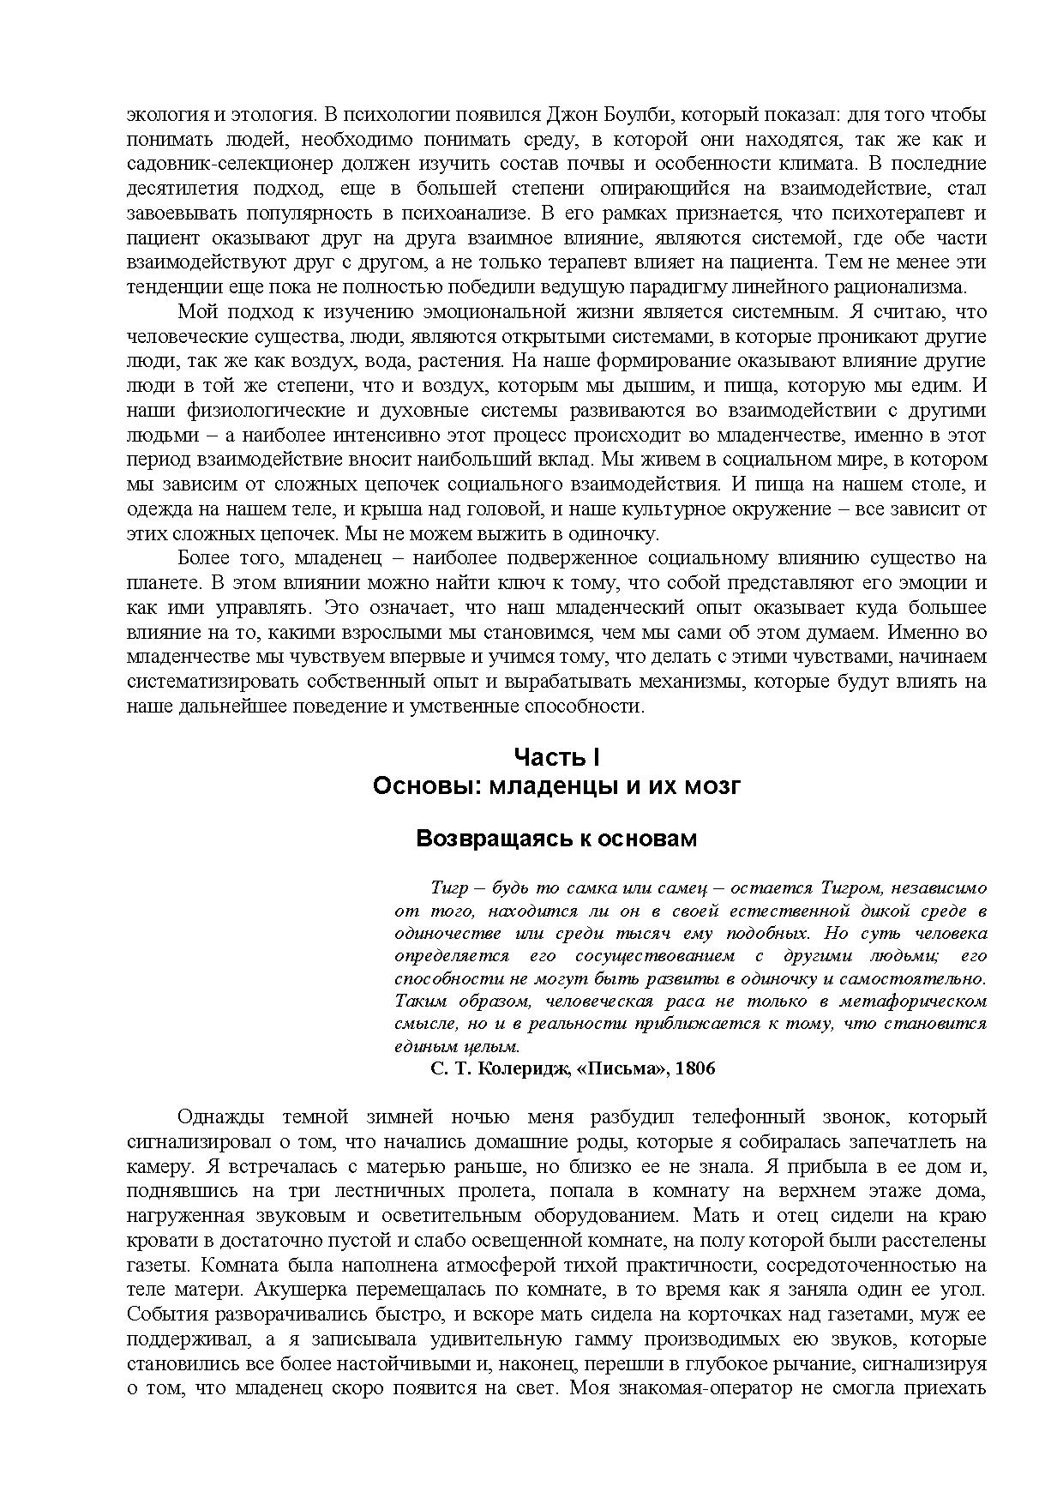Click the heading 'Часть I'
click(556, 756)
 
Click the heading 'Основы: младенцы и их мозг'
click(556, 786)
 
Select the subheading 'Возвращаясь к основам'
click(556, 839)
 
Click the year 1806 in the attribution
click(695, 1068)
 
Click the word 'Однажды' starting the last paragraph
click(214, 1116)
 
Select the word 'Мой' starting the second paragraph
click(195, 311)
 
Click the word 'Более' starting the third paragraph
click(204, 558)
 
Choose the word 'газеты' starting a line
click(154, 1265)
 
